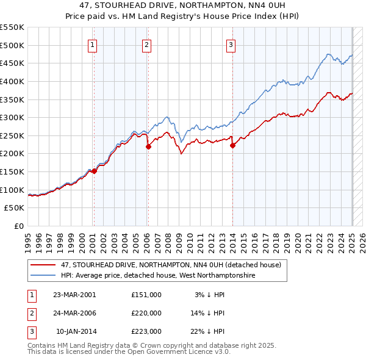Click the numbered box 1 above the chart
92,44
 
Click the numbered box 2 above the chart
147,44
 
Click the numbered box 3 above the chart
231,44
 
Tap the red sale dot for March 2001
94,171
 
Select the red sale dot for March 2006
148,146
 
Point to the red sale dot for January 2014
232,145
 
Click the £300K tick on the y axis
12,117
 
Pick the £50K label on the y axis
15,208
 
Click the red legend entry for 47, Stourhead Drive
171,265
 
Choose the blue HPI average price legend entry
157,276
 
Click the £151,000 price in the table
146,295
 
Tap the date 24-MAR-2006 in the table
74,313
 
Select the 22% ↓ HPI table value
208,331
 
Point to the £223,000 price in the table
146,331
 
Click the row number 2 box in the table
30,313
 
